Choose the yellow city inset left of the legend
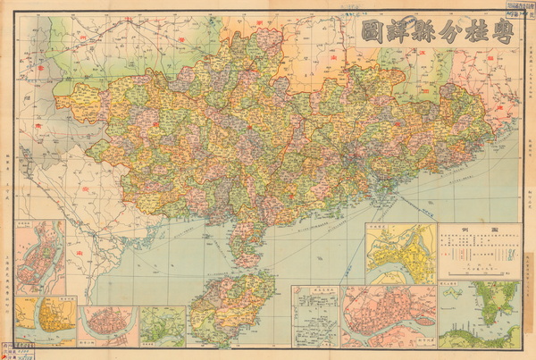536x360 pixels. click(400, 253)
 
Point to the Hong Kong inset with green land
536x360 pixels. click(479, 313)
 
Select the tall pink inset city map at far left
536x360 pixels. click(39, 258)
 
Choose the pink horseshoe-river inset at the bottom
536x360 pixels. click(106, 326)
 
